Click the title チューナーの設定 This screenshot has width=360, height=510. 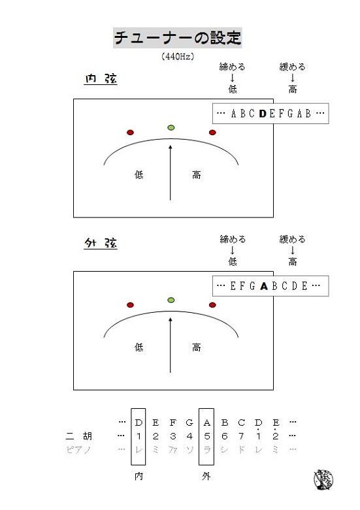[178, 38]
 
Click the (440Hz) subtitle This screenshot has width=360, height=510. [178, 56]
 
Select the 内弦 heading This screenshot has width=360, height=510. [101, 78]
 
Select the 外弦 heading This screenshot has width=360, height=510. [101, 243]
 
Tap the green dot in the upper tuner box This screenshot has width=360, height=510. [171, 127]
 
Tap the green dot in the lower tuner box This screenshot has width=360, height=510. [171, 300]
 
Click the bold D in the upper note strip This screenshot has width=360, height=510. [263, 114]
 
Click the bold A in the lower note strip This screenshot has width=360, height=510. [264, 286]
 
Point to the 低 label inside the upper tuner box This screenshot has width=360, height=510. [139, 175]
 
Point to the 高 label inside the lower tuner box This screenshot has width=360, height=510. [196, 347]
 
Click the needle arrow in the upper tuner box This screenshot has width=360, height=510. [171, 172]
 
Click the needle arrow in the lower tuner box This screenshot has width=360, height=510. [171, 345]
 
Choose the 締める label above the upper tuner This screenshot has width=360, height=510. [232, 67]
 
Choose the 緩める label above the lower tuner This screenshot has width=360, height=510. [292, 239]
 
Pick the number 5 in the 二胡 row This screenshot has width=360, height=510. [206, 436]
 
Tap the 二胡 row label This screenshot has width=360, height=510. [79, 436]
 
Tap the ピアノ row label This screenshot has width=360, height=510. [78, 449]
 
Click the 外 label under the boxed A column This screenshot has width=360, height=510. [206, 476]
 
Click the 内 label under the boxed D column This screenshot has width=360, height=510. [139, 476]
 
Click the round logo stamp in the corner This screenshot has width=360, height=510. [323, 480]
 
